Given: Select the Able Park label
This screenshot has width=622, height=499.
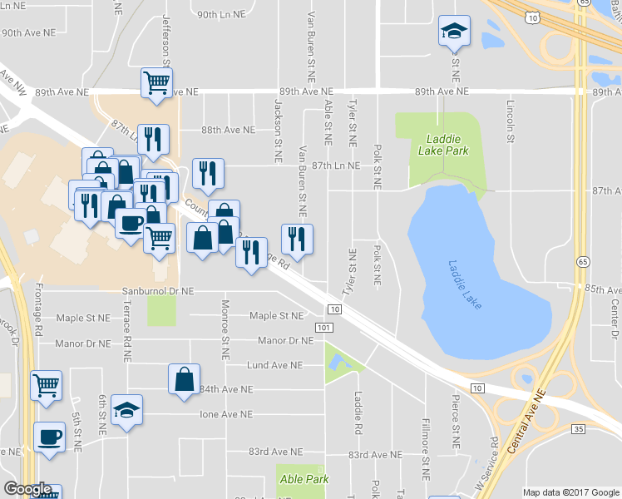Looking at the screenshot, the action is [x=304, y=479].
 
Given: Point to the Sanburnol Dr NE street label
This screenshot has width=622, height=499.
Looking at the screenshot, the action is [x=158, y=292].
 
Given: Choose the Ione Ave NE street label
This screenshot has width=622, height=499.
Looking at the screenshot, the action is [x=226, y=414].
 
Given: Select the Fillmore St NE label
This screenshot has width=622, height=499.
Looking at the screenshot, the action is [x=425, y=449].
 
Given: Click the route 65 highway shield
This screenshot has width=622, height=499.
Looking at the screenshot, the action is [x=582, y=261].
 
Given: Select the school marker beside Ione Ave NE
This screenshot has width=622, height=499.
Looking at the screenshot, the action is [x=126, y=410].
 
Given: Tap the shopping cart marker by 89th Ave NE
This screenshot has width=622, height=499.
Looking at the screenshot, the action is [x=156, y=82].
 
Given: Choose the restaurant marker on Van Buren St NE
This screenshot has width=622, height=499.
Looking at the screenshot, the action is [x=297, y=239].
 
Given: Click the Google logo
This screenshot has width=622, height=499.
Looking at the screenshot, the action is [x=27, y=489].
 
